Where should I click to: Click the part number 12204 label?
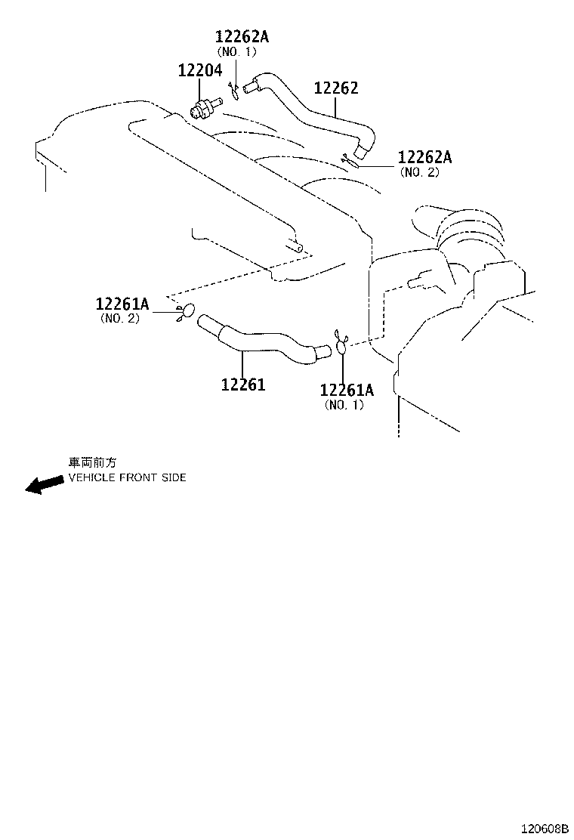pyautogui.click(x=199, y=70)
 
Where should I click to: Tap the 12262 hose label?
pyautogui.click(x=336, y=88)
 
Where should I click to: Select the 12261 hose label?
pyautogui.click(x=243, y=384)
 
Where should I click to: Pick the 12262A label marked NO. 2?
pyautogui.click(x=424, y=157)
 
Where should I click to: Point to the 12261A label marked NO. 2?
pyautogui.click(x=122, y=304)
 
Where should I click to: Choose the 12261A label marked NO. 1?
pyautogui.click(x=347, y=390)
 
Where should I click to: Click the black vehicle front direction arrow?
pyautogui.click(x=44, y=483)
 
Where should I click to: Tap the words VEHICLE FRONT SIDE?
pyautogui.click(x=127, y=477)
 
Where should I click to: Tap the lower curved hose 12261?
pyautogui.click(x=257, y=340)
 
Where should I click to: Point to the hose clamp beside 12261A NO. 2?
pyautogui.click(x=186, y=310)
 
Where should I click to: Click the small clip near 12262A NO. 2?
pyautogui.click(x=350, y=159)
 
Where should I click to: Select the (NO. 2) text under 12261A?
pyautogui.click(x=119, y=319)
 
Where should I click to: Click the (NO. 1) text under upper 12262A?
pyautogui.click(x=236, y=51)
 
